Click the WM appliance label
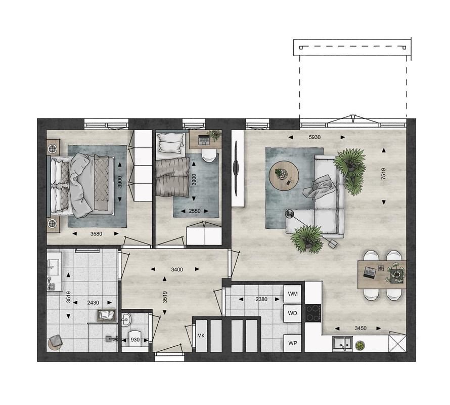pyautogui.click(x=293, y=294)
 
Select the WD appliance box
pyautogui.click(x=292, y=313)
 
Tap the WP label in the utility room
pyautogui.click(x=292, y=343)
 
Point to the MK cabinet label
pyautogui.click(x=201, y=336)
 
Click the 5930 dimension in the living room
pyautogui.click(x=314, y=137)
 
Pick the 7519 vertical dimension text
pyautogui.click(x=384, y=174)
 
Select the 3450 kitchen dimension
pyautogui.click(x=361, y=328)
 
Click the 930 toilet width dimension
pyautogui.click(x=135, y=340)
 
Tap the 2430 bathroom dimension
pyautogui.click(x=93, y=303)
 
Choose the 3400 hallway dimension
pyautogui.click(x=177, y=270)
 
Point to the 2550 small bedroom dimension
pyautogui.click(x=195, y=211)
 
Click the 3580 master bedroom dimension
pyautogui.click(x=96, y=234)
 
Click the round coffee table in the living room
pyautogui.click(x=284, y=175)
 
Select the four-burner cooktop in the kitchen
pyautogui.click(x=313, y=313)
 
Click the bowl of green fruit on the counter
pyautogui.click(x=359, y=345)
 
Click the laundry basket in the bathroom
pyautogui.click(x=107, y=315)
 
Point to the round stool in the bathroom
pyautogui.click(x=55, y=342)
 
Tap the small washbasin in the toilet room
pyautogui.click(x=126, y=319)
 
